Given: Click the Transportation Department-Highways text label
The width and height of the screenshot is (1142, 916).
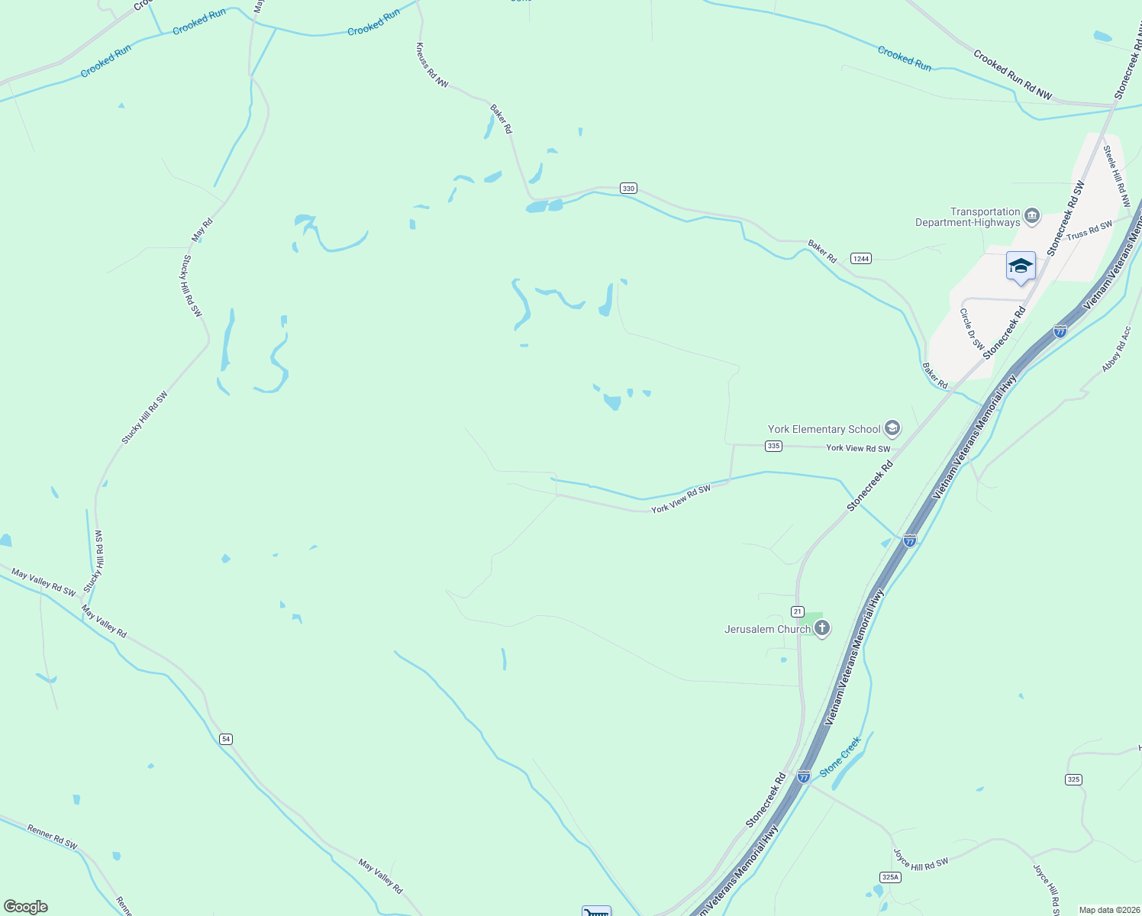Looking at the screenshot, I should pyautogui.click(x=968, y=218).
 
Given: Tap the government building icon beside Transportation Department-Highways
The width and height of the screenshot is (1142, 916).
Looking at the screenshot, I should pyautogui.click(x=1032, y=217).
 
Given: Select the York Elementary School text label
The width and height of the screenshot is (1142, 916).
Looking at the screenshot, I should pyautogui.click(x=824, y=429).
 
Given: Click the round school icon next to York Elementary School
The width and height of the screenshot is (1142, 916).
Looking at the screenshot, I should pyautogui.click(x=892, y=429).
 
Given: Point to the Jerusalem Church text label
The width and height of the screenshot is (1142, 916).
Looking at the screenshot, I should pyautogui.click(x=767, y=629).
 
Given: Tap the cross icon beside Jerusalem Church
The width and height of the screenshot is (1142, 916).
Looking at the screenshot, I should pyautogui.click(x=822, y=628).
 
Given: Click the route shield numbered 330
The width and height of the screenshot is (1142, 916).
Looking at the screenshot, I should pyautogui.click(x=628, y=189).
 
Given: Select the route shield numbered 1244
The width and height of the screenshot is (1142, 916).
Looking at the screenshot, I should pyautogui.click(x=861, y=259).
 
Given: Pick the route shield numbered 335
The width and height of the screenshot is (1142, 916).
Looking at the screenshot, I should pyautogui.click(x=773, y=446).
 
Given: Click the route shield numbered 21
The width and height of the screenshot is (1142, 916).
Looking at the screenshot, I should pyautogui.click(x=798, y=611).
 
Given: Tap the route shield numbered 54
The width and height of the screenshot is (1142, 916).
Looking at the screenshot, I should pyautogui.click(x=225, y=739).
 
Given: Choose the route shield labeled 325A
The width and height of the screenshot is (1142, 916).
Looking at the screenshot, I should pyautogui.click(x=890, y=877).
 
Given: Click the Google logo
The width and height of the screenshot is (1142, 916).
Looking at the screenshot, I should pyautogui.click(x=26, y=907).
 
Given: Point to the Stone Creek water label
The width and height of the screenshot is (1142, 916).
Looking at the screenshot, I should pyautogui.click(x=840, y=756).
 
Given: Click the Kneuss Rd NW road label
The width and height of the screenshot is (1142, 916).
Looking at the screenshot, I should pyautogui.click(x=432, y=65).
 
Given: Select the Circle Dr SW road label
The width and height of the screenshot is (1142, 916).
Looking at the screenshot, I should pyautogui.click(x=972, y=329).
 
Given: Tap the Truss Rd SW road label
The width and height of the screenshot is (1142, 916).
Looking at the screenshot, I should pyautogui.click(x=1089, y=231).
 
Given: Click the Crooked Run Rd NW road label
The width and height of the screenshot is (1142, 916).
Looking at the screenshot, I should pyautogui.click(x=1012, y=75).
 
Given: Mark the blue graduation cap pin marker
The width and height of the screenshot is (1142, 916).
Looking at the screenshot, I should pyautogui.click(x=1021, y=266).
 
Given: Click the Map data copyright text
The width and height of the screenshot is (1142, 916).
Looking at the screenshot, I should pyautogui.click(x=1109, y=910).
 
